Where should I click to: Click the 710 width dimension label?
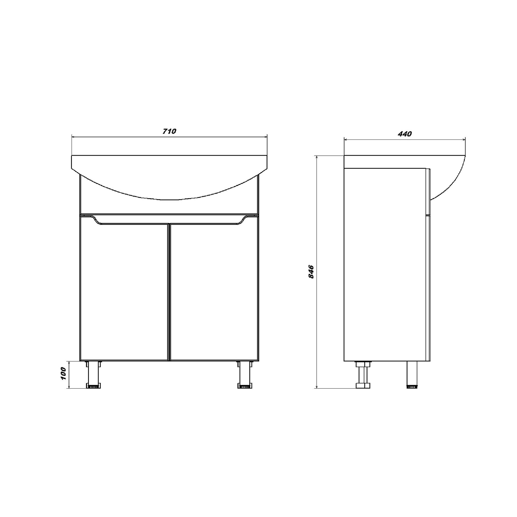coord(169,131)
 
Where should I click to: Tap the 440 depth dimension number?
coord(405,134)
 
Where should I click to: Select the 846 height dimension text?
coord(311,272)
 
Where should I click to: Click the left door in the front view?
coord(124,291)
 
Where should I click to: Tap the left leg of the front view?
coord(93,375)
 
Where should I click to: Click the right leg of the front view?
coord(245,375)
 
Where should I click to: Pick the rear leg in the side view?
coord(363,375)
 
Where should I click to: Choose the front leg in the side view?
coord(412,375)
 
